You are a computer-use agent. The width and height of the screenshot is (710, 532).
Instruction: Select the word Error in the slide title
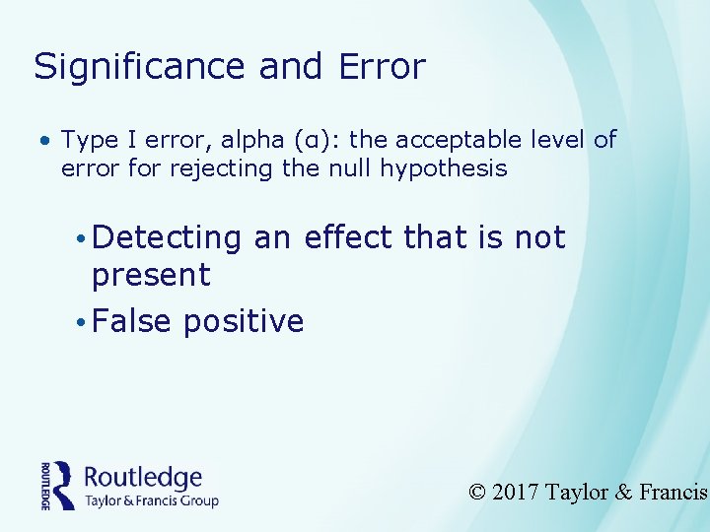[x=381, y=67]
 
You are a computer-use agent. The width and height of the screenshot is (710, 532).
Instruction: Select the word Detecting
[x=166, y=238]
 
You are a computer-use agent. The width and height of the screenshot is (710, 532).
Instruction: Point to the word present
[x=151, y=276]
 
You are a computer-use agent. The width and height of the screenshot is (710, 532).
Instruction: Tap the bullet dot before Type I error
[x=45, y=141]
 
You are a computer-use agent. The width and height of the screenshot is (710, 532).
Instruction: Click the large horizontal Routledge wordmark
[x=143, y=478]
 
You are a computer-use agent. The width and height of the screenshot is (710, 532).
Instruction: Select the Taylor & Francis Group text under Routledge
[x=152, y=500]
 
